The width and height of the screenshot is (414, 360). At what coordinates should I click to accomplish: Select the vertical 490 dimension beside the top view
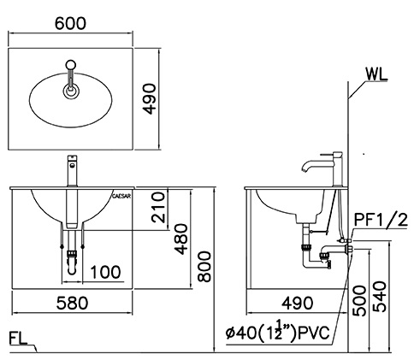click(175, 94)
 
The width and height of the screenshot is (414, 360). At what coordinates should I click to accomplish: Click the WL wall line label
click(374, 73)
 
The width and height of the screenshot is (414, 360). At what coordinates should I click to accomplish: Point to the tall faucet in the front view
click(73, 175)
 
